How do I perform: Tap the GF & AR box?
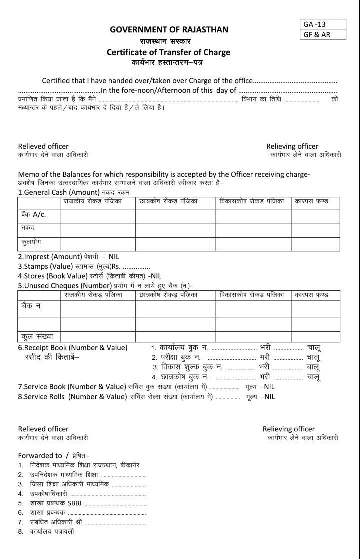pyautogui.click(x=316, y=34)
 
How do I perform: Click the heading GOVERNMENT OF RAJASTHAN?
pyautogui.click(x=169, y=30)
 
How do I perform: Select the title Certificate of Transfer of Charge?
pyautogui.click(x=168, y=52)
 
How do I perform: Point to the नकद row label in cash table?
pyautogui.click(x=28, y=229)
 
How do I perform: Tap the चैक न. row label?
pyautogui.click(x=32, y=306)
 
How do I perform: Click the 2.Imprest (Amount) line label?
pyautogui.click(x=50, y=256)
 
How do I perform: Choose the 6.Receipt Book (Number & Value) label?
pyautogui.click(x=73, y=347)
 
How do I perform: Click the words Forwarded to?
pyautogui.click(x=40, y=455)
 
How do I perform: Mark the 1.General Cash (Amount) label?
pyautogui.click(x=58, y=192)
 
